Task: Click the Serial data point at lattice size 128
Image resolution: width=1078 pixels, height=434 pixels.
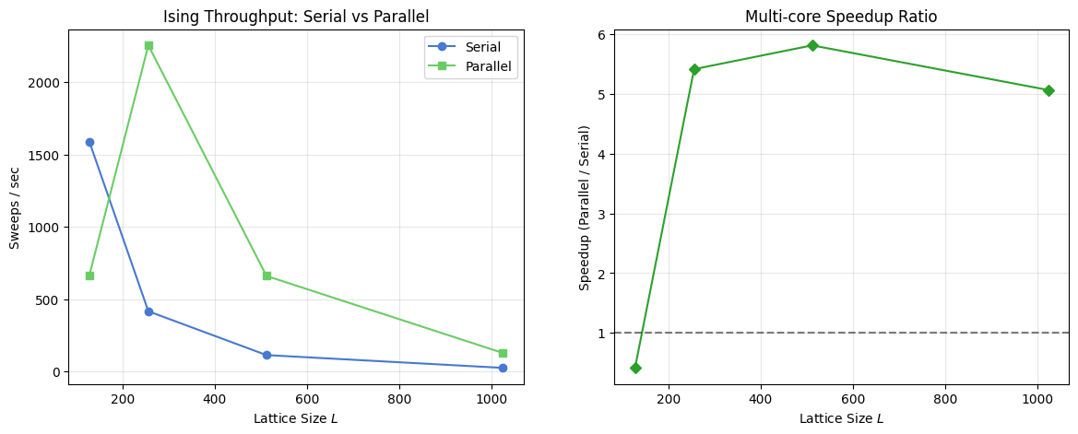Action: pyautogui.click(x=89, y=142)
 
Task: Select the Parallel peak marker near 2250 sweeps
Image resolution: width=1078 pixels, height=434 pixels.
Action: pyautogui.click(x=148, y=45)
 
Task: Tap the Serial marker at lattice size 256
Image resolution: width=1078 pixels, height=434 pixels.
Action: pyautogui.click(x=148, y=311)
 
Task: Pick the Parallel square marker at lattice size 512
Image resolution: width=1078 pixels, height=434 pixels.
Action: pyautogui.click(x=267, y=276)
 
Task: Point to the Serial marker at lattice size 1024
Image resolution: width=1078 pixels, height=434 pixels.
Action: pyautogui.click(x=503, y=368)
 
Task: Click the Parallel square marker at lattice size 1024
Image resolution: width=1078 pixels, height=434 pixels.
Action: pyautogui.click(x=503, y=353)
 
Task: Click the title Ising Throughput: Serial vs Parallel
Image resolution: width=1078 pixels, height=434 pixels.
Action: pyautogui.click(x=296, y=17)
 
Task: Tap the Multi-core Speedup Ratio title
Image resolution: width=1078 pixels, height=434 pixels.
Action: pyautogui.click(x=842, y=17)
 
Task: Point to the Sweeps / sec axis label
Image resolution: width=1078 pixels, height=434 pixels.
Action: pyautogui.click(x=14, y=207)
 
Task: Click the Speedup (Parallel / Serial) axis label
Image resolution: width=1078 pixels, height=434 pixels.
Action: pyautogui.click(x=585, y=207)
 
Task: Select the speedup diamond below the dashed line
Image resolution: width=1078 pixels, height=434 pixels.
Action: pyautogui.click(x=635, y=368)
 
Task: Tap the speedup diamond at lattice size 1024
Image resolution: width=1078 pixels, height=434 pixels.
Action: pyautogui.click(x=1048, y=90)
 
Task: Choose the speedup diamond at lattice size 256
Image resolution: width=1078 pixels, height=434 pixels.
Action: pyautogui.click(x=694, y=69)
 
